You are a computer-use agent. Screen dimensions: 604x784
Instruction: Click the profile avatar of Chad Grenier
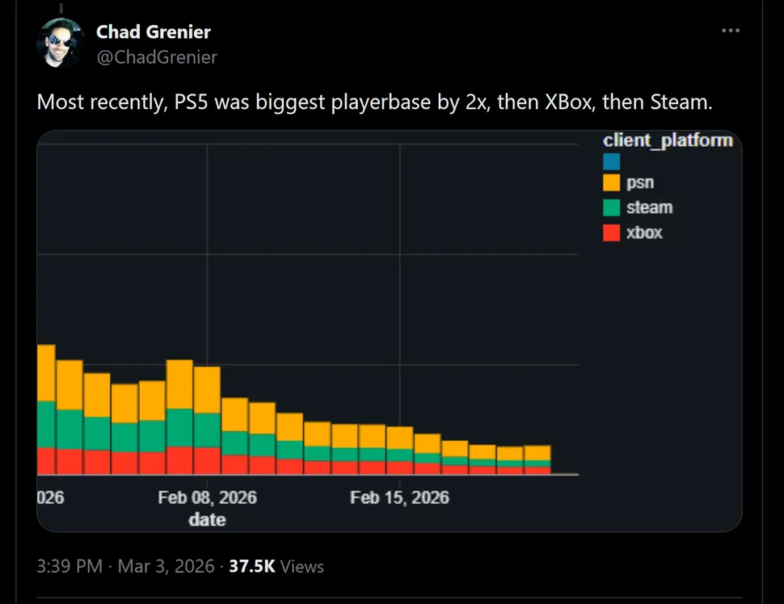point(61,43)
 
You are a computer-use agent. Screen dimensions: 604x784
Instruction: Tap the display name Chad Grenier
point(153,31)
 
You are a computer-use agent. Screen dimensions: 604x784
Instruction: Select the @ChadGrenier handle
point(157,57)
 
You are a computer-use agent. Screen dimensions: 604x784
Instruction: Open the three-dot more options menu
point(730,31)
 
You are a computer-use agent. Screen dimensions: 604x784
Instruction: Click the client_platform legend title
point(668,141)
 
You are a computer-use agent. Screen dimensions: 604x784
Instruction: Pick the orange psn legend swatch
point(612,183)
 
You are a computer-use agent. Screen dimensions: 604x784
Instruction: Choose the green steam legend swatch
point(612,208)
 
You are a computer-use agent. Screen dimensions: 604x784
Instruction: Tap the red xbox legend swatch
point(612,233)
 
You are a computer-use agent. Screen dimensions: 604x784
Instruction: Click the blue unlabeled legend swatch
point(612,161)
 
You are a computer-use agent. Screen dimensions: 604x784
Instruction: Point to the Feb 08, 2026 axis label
point(207,497)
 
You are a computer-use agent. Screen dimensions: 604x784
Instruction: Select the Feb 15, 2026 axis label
point(399,497)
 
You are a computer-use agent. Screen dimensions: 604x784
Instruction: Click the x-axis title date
point(207,520)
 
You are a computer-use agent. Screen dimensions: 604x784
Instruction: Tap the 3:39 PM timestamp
point(70,567)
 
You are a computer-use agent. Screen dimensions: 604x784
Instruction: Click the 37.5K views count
point(252,567)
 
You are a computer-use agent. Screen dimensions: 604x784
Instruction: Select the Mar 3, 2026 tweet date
point(166,567)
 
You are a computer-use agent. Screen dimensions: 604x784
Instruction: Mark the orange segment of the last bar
point(537,452)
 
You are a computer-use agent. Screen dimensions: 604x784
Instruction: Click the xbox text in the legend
point(644,233)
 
